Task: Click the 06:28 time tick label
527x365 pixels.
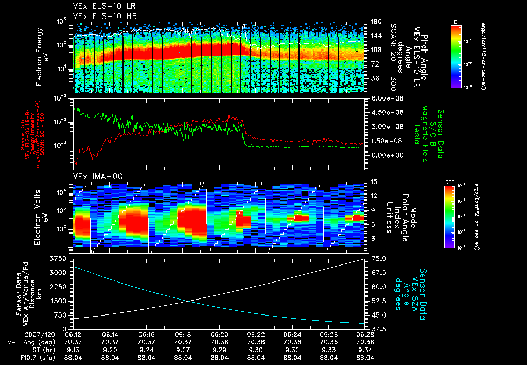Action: [364, 334]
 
